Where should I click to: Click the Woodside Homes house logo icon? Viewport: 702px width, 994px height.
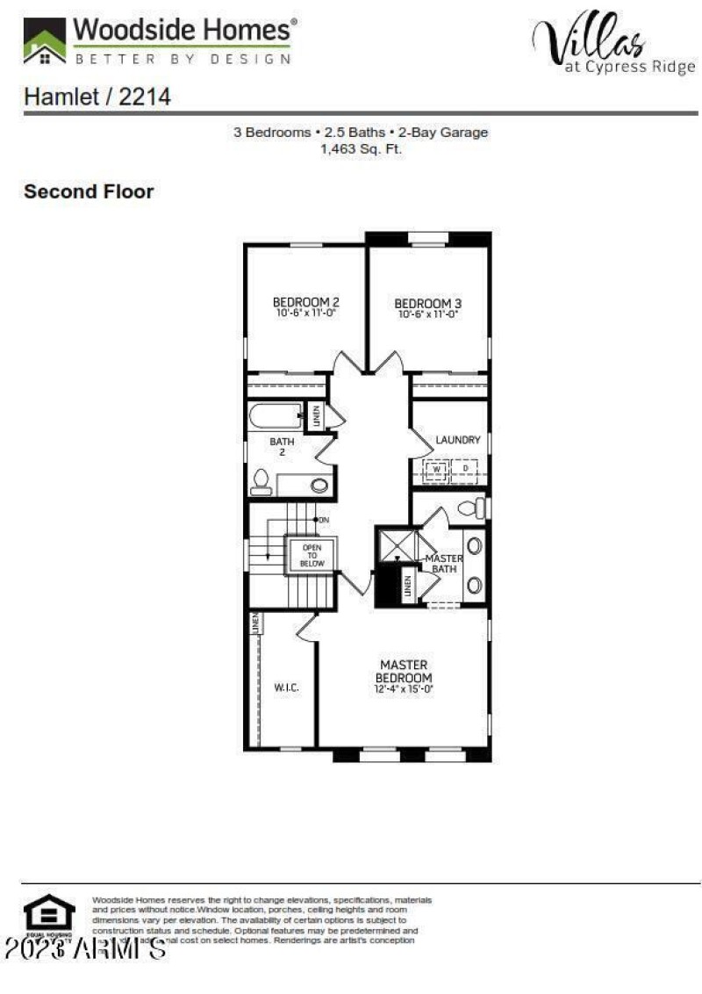coord(44,41)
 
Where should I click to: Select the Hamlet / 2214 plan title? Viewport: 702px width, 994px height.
coord(97,97)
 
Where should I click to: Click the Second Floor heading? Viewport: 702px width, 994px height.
coord(89,191)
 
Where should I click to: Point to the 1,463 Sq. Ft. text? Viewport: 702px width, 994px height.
coord(361,149)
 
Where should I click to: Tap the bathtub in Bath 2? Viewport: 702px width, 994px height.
coord(274,415)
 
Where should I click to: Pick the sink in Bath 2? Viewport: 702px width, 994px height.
coord(319,485)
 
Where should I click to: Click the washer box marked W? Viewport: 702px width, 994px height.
coord(436,470)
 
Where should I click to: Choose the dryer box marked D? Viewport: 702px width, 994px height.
coord(465,470)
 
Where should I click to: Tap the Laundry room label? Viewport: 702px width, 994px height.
coord(458,439)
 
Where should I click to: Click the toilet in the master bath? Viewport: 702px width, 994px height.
coord(470,508)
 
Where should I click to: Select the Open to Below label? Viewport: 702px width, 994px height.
coord(312,555)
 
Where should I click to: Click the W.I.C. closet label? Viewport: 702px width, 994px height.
coord(287,688)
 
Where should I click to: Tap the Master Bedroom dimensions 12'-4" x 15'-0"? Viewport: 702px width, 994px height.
coord(405,689)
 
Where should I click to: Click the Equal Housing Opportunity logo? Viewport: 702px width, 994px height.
coord(49,916)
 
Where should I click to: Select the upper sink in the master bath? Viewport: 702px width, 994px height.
coord(474,546)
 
